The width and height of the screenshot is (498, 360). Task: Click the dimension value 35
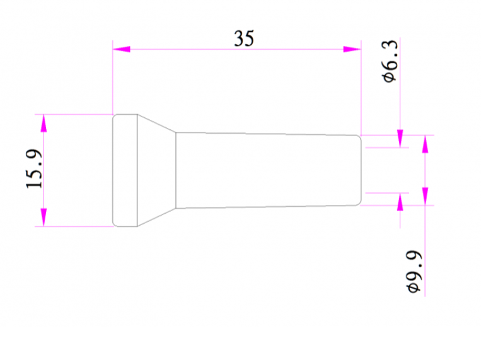(244, 38)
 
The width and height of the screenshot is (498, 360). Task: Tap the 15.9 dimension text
(34, 169)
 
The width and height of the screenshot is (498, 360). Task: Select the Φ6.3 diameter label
(390, 61)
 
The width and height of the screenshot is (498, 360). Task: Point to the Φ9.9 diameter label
(414, 272)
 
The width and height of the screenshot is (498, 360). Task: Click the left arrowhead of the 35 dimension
(122, 49)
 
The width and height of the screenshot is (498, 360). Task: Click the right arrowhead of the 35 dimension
(352, 49)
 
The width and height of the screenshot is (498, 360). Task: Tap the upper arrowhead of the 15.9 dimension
(43, 124)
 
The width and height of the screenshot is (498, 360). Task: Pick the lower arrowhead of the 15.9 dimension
(43, 218)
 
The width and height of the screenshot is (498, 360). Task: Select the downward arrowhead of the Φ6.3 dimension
(400, 139)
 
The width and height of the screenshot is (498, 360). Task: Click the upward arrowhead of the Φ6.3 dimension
(400, 202)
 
